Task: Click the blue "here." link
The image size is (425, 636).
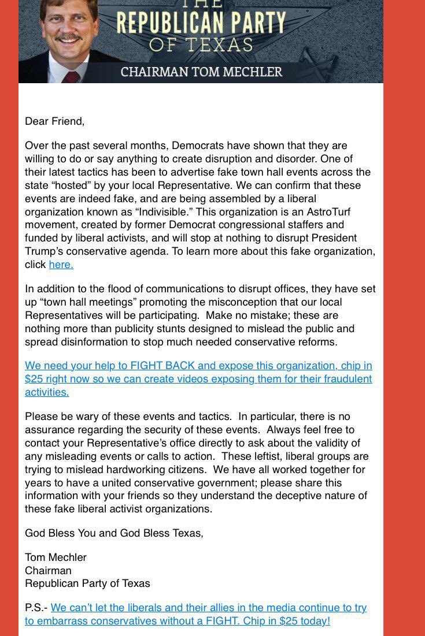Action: pyautogui.click(x=61, y=265)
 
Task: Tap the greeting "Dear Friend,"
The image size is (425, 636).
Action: pyautogui.click(x=54, y=121)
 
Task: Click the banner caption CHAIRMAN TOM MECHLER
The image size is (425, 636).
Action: pyautogui.click(x=201, y=72)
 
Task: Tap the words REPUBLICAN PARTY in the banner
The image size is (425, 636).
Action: pyautogui.click(x=201, y=23)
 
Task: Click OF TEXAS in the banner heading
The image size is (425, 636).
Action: pyautogui.click(x=201, y=44)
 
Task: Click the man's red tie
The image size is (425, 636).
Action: pyautogui.click(x=71, y=77)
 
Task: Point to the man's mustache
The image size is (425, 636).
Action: pyautogui.click(x=68, y=39)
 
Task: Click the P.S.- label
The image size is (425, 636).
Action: pyautogui.click(x=36, y=608)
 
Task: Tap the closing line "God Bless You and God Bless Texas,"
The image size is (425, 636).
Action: pyautogui.click(x=114, y=533)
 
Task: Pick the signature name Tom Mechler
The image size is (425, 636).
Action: pyautogui.click(x=56, y=557)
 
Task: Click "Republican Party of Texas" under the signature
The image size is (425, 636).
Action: pyautogui.click(x=87, y=583)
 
